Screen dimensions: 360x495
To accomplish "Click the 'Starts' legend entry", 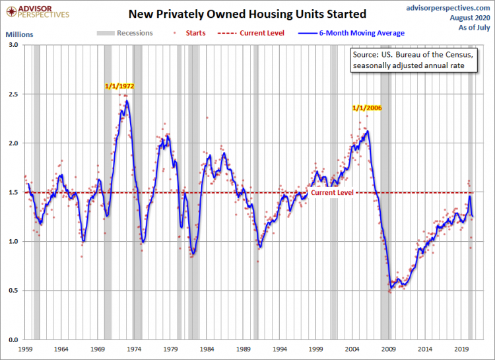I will pyautogui.click(x=193, y=33).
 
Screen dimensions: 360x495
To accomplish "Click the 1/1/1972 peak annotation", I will pyautogui.click(x=123, y=87).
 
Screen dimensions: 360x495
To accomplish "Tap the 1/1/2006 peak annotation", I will pyautogui.click(x=367, y=108).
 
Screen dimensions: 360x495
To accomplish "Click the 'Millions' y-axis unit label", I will pyautogui.click(x=19, y=33).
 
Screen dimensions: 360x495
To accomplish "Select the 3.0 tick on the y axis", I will pyautogui.click(x=13, y=45).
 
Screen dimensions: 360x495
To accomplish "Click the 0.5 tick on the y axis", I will pyautogui.click(x=13, y=291).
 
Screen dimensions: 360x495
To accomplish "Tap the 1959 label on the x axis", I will pyautogui.click(x=26, y=347).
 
